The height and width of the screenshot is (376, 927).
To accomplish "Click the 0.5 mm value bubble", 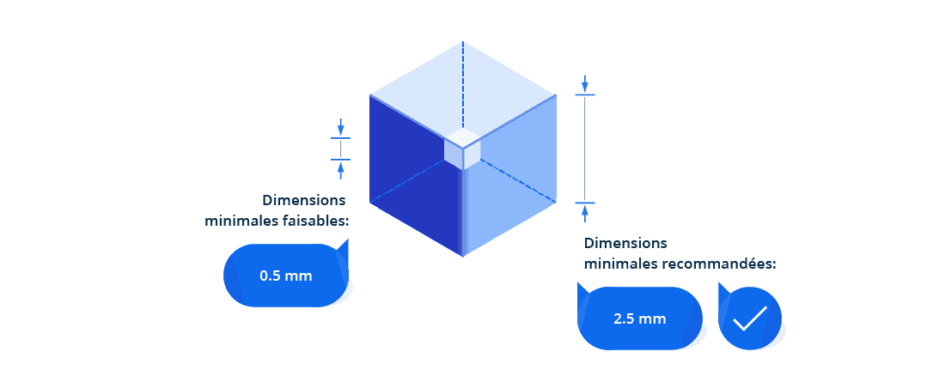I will [286, 276].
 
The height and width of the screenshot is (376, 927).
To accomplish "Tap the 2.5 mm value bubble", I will [640, 318].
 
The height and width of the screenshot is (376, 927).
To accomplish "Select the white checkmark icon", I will [749, 318].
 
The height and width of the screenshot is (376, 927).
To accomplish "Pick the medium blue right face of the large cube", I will [515, 172].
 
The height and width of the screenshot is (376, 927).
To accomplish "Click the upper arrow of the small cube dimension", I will [341, 126].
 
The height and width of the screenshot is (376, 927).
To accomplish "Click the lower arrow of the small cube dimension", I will [341, 168].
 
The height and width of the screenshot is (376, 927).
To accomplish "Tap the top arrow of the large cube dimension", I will [585, 83].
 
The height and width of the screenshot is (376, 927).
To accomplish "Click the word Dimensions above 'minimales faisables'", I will [304, 200].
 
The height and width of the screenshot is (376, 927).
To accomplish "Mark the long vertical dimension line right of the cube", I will [585, 149].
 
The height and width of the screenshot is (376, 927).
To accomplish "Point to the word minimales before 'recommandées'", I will [620, 264].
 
